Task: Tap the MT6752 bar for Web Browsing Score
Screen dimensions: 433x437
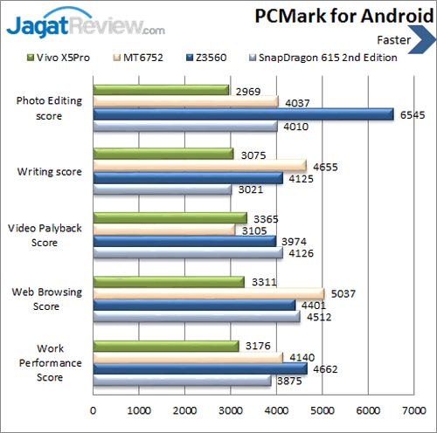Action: (208, 293)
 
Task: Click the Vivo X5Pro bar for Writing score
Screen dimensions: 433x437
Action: (163, 154)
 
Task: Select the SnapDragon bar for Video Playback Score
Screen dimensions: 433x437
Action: (188, 253)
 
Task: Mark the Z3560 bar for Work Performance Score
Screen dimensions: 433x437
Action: (200, 368)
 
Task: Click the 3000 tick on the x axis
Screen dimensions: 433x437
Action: (231, 408)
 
